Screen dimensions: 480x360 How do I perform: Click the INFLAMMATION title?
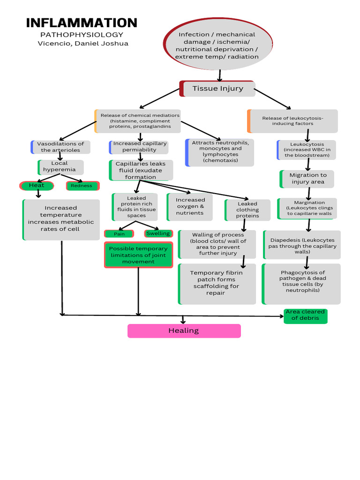coord(82,22)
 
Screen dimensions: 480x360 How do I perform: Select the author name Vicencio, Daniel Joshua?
coord(82,44)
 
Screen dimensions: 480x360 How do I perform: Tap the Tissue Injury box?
coord(218,88)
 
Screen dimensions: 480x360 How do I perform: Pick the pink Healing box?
coord(184,330)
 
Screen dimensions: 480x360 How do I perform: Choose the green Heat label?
coord(37,186)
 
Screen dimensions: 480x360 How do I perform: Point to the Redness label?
coord(82,186)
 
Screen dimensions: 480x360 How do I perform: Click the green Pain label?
coord(119,233)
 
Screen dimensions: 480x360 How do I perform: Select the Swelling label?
coord(158,233)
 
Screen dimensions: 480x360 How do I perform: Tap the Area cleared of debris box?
coord(305,315)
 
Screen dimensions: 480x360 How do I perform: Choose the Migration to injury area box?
coord(307,179)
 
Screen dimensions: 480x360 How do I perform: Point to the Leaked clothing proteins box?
coord(247,210)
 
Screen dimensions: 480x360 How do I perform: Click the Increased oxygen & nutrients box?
coord(190,207)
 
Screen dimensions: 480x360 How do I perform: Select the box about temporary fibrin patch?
coord(217,283)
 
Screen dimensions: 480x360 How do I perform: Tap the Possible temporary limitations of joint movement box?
coord(138,255)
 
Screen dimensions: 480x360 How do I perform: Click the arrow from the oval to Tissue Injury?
coord(219,75)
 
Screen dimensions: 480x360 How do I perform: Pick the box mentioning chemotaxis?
coord(220,152)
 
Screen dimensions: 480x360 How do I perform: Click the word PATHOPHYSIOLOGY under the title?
coord(82,35)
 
